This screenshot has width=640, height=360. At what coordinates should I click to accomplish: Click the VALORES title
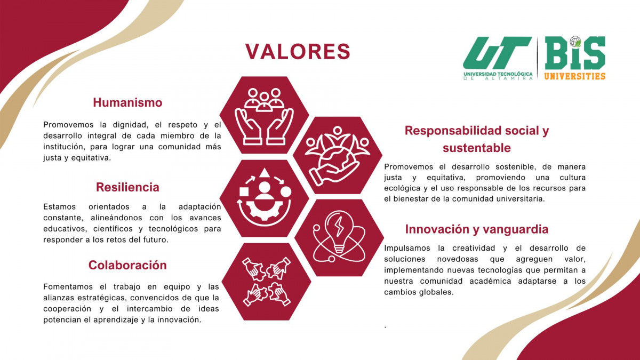(298, 52)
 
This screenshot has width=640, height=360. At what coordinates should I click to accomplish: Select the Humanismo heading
(127, 102)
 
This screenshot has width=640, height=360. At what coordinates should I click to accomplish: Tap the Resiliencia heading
(127, 187)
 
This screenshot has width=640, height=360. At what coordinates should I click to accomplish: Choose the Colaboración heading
(127, 265)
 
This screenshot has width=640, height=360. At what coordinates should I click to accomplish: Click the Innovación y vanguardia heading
(477, 229)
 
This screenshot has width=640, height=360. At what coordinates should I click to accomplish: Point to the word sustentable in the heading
(477, 148)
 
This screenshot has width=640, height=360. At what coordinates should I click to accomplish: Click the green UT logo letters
(497, 53)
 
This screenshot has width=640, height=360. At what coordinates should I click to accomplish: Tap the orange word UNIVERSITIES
(574, 76)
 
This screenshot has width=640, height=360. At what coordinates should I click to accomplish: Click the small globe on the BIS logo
(575, 42)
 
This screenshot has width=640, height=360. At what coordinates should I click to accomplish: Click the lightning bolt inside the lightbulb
(339, 226)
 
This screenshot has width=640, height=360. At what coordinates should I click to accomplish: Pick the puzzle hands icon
(266, 282)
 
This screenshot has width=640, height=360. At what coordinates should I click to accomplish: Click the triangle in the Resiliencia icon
(265, 173)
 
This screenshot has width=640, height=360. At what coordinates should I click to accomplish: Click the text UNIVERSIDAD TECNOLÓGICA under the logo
(498, 74)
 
